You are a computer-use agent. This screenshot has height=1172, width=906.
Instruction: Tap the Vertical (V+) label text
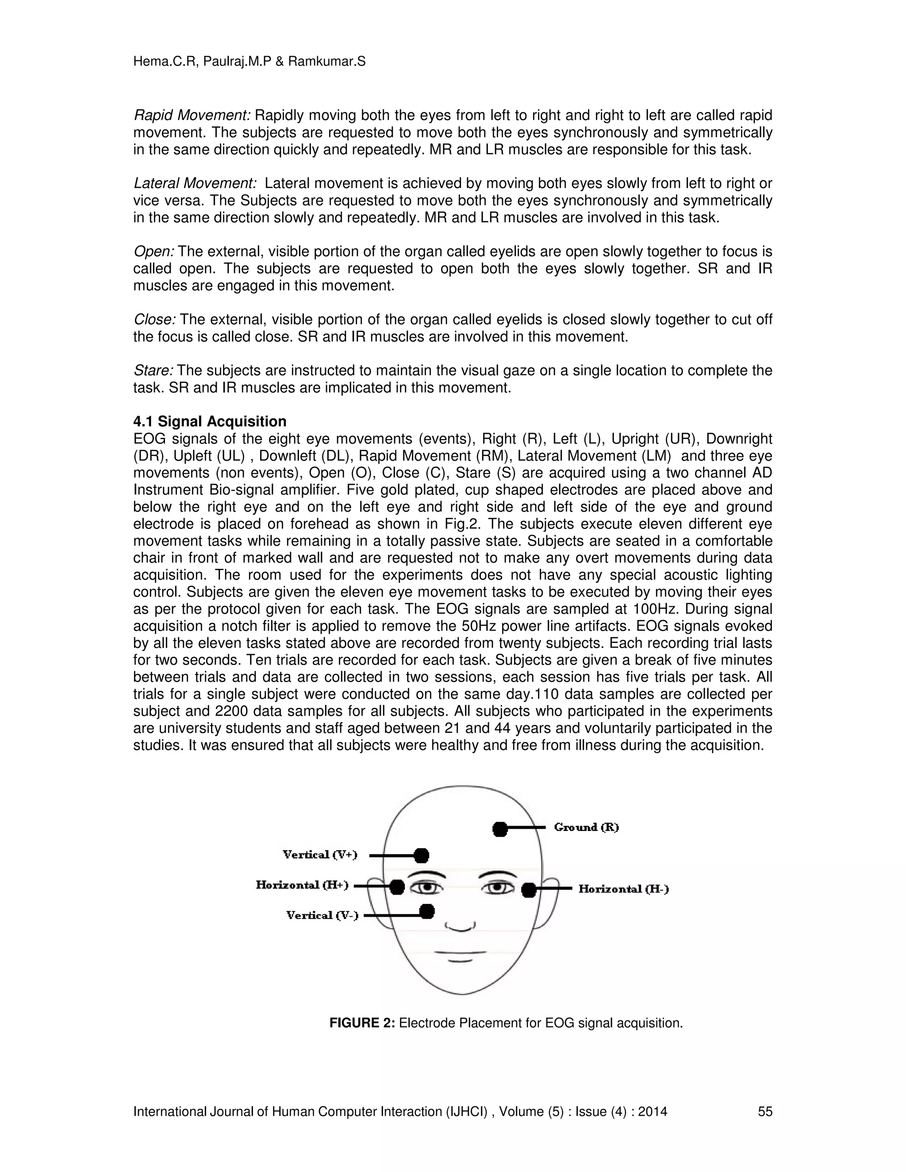(320, 854)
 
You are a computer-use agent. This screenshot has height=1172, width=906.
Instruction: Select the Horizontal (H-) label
(623, 889)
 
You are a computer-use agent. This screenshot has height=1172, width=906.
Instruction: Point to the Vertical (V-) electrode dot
(427, 911)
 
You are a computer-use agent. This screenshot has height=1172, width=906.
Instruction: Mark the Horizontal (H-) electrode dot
(529, 890)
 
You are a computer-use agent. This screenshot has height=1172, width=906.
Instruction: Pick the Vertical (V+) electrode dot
(422, 855)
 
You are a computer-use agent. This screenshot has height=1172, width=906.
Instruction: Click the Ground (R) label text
(586, 827)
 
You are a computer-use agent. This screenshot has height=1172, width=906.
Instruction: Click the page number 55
(765, 1111)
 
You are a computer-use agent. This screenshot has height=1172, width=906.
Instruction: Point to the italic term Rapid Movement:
(192, 115)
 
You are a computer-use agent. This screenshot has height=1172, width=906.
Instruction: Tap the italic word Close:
(154, 320)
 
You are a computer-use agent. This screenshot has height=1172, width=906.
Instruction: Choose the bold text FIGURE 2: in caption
(362, 1023)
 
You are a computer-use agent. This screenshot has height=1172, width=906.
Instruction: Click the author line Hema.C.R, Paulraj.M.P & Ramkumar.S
(249, 62)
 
